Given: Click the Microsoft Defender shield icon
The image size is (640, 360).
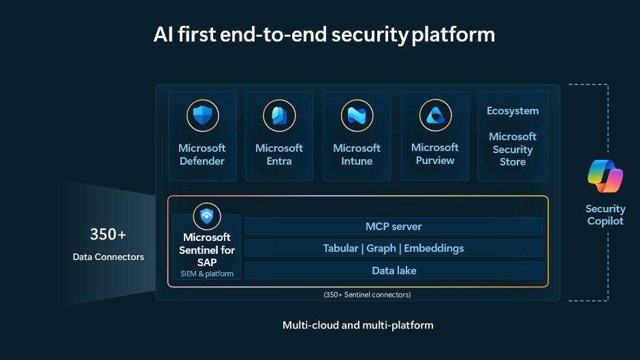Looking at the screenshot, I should pos(202,116).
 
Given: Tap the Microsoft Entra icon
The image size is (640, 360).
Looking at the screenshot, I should pos(279,116).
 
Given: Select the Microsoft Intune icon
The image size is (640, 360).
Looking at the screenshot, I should pos(357,116).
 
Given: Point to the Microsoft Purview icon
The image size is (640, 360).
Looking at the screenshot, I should pos(435,116).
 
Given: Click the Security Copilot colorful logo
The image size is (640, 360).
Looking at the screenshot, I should pos(605,176).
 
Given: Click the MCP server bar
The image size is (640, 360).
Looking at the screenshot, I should pos(394,226).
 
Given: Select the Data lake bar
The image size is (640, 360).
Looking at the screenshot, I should pos(394,271).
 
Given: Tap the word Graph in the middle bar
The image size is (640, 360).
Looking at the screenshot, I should pos(381,248).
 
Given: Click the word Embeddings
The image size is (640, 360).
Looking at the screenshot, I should pos(434,248).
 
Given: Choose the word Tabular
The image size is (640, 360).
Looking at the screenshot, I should pos(340,248).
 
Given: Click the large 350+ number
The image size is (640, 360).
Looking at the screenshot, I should pos(108,235).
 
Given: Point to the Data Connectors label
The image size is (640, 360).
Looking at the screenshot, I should pos(108,257).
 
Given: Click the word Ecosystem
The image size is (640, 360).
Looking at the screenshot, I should pos(513,111).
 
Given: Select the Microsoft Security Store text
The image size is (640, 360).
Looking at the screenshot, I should pos(513,150).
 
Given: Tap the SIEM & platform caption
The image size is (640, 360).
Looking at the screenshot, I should pos(207,274).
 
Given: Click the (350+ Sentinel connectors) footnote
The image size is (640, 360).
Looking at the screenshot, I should pos(367,295).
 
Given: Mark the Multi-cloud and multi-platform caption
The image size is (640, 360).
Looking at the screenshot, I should pos(357,325).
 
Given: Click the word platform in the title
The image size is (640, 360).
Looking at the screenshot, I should pos(453,35).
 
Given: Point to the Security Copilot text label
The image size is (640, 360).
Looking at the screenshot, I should pos(605,215).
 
